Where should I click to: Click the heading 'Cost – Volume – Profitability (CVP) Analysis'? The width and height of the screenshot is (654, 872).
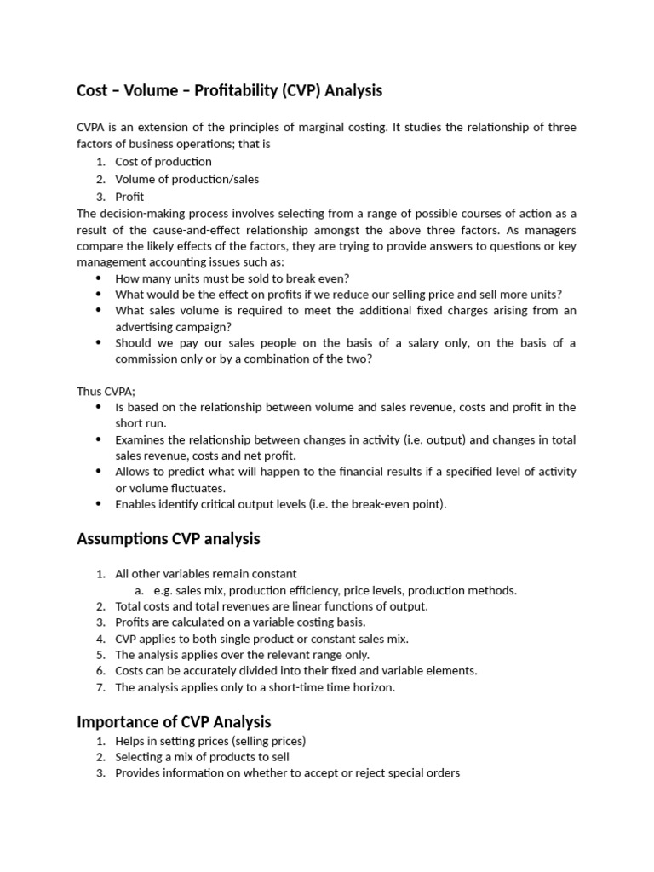(229, 90)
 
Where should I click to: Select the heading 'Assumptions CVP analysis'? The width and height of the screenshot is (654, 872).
(168, 539)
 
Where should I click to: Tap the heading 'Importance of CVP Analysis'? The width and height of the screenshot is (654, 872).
(174, 722)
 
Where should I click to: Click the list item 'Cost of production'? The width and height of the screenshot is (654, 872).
(163, 162)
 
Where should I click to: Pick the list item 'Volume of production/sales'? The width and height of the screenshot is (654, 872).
(187, 179)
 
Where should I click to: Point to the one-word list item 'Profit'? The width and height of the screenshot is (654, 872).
(129, 197)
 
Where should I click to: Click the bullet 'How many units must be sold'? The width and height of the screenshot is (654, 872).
(232, 278)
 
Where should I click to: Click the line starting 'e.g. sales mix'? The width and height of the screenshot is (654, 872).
(335, 590)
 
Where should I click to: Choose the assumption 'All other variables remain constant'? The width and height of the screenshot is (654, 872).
(206, 574)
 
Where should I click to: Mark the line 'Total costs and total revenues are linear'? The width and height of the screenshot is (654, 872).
(272, 606)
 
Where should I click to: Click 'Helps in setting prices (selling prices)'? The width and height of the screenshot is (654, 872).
(210, 741)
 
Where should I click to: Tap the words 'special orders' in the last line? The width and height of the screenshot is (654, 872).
(425, 773)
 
